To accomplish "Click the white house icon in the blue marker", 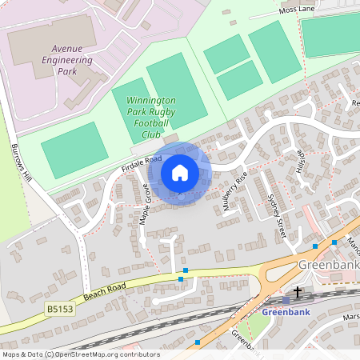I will [x=180, y=172].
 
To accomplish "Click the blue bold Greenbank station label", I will [x=286, y=312].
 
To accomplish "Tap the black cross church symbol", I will [x=298, y=292].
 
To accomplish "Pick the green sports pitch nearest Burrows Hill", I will [x=74, y=150].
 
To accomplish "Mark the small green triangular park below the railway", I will [x=254, y=324].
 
